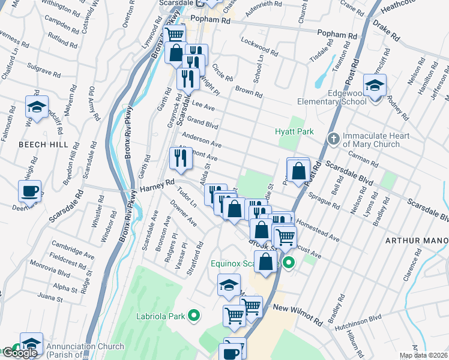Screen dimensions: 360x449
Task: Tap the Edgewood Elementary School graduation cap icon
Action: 375,87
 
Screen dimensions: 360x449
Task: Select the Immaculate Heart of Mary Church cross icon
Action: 334,140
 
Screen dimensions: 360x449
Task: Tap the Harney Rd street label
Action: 157,188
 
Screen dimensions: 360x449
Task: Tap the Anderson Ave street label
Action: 202,140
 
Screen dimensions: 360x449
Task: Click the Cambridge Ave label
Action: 73,250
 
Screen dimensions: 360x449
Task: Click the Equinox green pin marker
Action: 289,263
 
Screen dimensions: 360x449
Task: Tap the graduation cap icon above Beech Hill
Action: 37,108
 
